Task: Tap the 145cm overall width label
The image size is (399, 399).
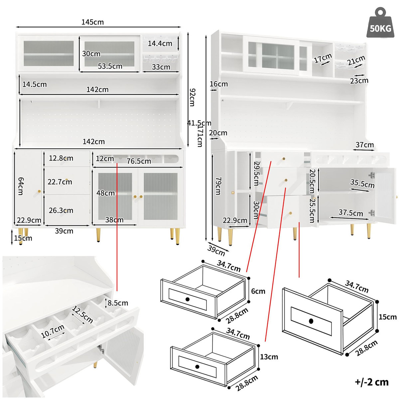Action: pos(92,22)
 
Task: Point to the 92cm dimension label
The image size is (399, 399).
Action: pos(192,97)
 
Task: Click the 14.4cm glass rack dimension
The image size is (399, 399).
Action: pos(160,43)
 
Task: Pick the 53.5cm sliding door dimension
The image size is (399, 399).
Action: pos(110,66)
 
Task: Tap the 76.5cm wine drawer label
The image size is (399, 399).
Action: pos(139,161)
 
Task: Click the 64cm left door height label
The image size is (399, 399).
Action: pos(21,186)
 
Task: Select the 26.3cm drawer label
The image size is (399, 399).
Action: pos(61,210)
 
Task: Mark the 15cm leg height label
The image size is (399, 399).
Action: pos(23,238)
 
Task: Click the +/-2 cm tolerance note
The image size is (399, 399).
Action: pos(371,382)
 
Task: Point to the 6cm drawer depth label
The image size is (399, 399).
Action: pos(258,291)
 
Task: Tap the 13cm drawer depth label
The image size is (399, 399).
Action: pos(269,357)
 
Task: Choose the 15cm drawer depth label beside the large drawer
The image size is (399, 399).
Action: pos(387,317)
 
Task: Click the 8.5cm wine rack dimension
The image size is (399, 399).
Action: pos(118,303)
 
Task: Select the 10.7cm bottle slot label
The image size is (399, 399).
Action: pos(53,332)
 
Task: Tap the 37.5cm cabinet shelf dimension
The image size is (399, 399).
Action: pos(351,212)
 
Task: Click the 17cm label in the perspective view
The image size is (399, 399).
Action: pos(323,59)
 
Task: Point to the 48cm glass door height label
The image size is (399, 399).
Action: pos(105,193)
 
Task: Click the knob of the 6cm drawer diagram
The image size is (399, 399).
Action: pos(188,299)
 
